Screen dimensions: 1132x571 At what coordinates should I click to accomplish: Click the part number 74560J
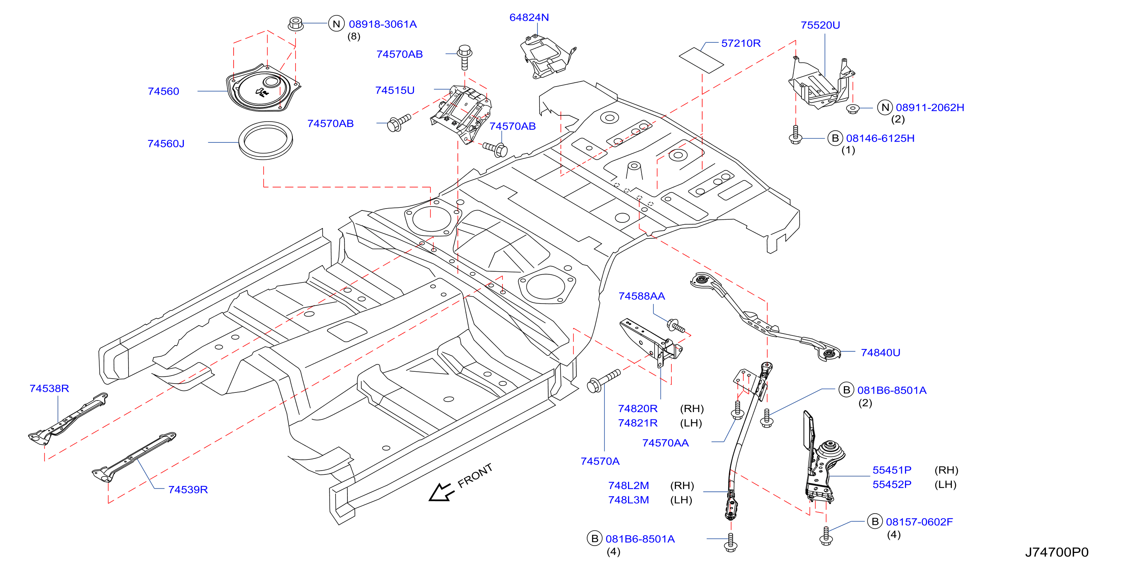[x=166, y=144]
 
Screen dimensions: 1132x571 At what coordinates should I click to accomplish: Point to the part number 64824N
[x=529, y=18]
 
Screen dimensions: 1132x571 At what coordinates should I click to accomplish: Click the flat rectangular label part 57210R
[x=701, y=60]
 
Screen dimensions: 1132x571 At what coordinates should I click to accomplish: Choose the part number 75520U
[x=820, y=25]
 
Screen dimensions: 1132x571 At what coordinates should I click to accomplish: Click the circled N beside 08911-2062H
[x=885, y=107]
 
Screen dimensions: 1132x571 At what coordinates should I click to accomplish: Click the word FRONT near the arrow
[x=475, y=476]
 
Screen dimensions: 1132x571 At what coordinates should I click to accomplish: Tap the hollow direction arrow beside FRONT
[x=441, y=493]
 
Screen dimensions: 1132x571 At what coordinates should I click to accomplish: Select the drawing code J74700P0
[x=1057, y=552]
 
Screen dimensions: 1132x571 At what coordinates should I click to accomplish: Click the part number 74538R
[x=49, y=389]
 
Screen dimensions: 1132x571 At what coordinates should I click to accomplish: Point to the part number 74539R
[x=188, y=490]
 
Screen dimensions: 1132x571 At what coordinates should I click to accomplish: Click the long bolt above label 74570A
[x=604, y=381]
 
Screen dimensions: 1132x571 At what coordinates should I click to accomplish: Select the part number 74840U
[x=881, y=352]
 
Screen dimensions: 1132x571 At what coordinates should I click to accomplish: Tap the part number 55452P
[x=892, y=484]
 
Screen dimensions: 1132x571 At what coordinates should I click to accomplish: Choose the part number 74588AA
[x=641, y=296]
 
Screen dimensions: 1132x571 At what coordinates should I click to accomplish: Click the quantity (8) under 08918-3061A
[x=354, y=37]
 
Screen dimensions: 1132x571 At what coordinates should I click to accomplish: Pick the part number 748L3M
[x=628, y=500]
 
